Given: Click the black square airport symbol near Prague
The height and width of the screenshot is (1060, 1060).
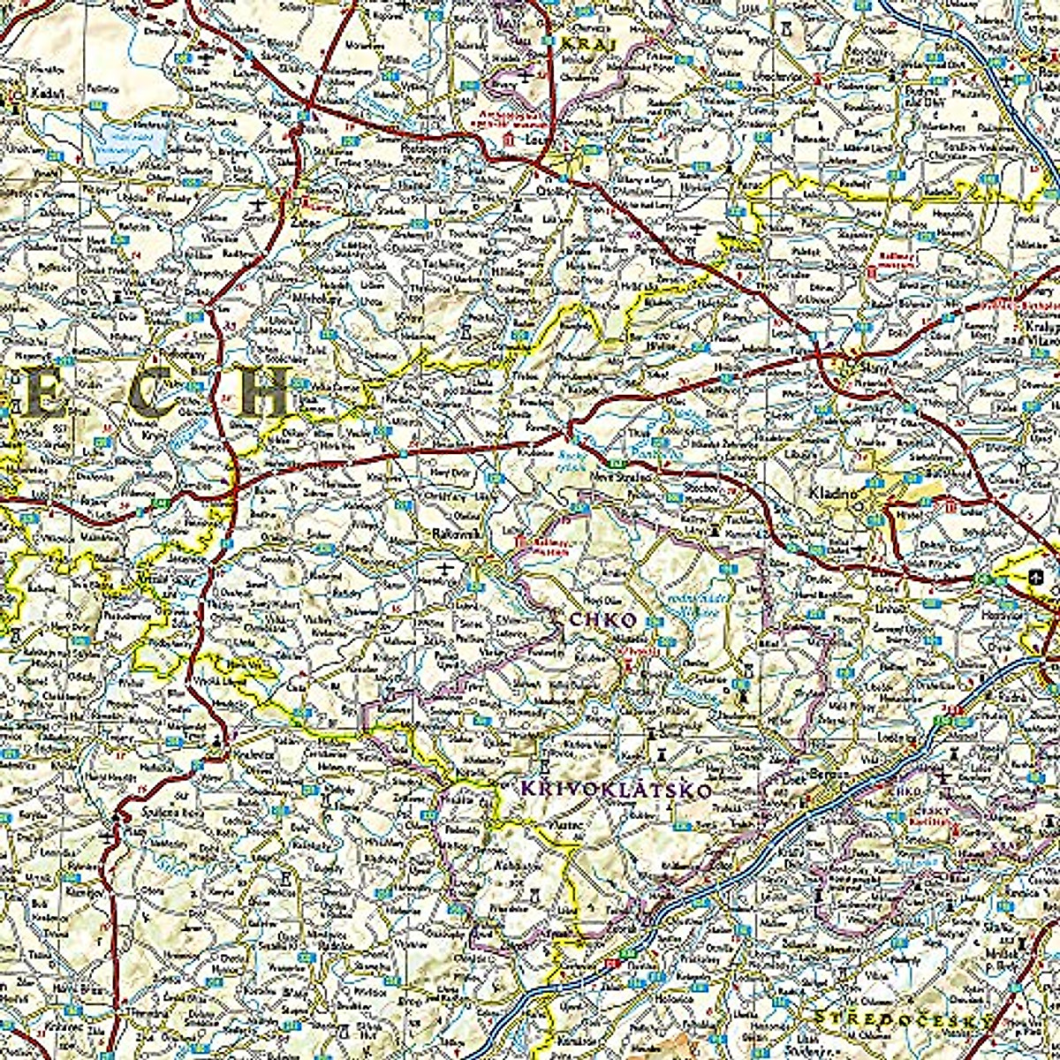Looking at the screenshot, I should tap(1034, 578).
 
